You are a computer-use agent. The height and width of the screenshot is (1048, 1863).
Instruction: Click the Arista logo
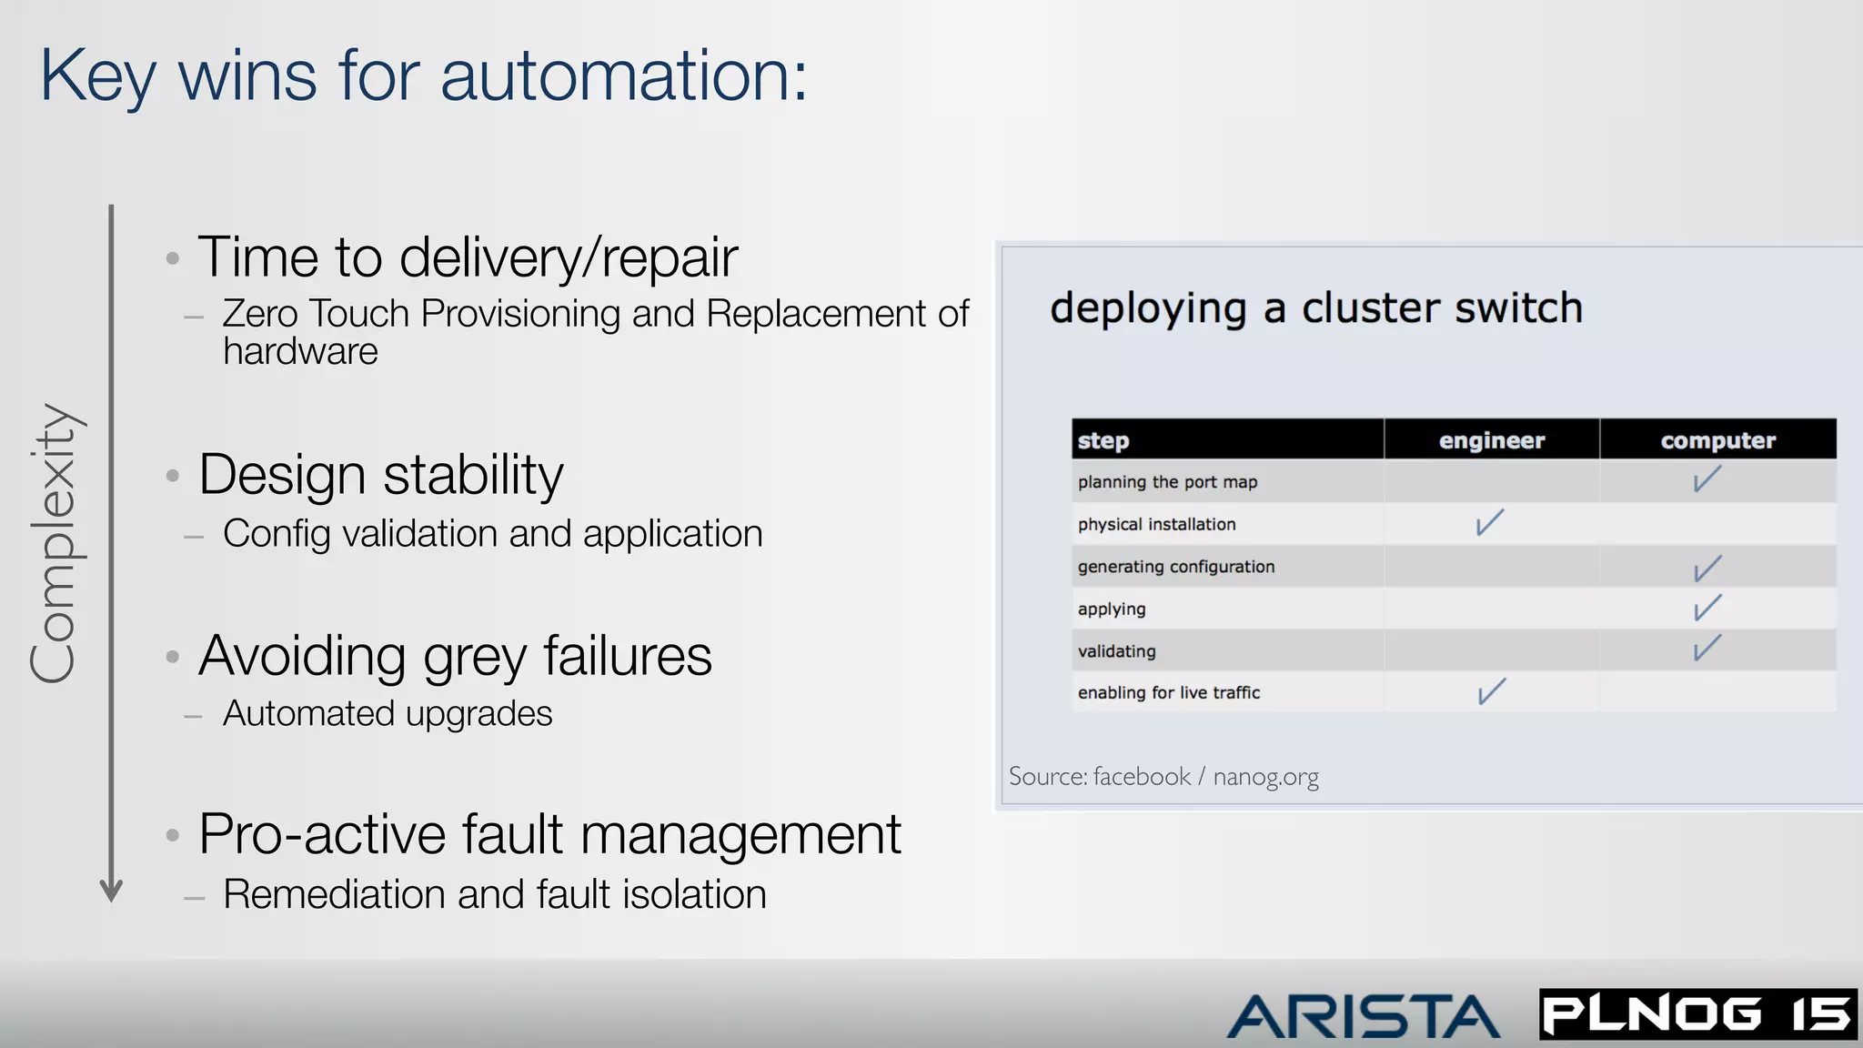click(1363, 1015)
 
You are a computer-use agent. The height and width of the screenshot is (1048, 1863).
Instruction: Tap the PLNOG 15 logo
click(1697, 1013)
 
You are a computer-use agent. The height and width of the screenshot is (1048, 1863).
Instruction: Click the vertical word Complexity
click(55, 543)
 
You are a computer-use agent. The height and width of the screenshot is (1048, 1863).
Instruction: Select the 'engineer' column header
click(1491, 440)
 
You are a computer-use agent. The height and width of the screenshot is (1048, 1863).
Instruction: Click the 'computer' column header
click(1717, 440)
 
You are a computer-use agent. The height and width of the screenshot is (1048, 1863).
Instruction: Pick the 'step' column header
click(1103, 441)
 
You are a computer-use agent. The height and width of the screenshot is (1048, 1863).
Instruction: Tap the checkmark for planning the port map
click(1707, 479)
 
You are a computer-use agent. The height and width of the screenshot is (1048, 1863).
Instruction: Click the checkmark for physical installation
click(1489, 522)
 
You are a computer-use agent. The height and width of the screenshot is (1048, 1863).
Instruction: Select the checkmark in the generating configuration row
click(1707, 569)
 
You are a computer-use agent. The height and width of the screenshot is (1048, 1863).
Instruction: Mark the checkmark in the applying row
click(1707, 608)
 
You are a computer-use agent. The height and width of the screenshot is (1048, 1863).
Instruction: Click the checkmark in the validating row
click(1707, 649)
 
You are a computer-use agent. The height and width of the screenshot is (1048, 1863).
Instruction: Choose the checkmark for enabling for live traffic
click(1491, 691)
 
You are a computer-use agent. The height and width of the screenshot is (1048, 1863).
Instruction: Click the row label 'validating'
click(1116, 651)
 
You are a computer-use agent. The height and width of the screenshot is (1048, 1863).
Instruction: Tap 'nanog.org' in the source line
click(1265, 777)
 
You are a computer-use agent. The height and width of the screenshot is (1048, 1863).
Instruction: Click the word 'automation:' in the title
click(623, 76)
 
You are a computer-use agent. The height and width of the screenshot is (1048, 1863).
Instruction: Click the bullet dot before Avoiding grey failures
click(173, 656)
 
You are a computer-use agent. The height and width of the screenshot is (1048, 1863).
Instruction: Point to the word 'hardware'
click(300, 352)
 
